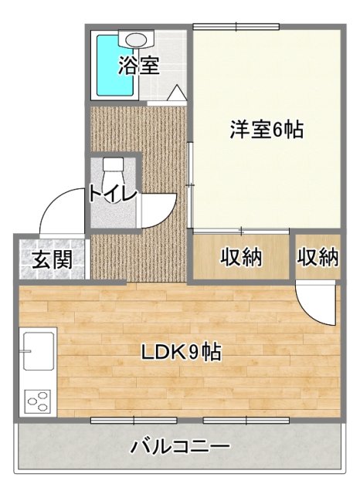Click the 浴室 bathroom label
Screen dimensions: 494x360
pos(139,66)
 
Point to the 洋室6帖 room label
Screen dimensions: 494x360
pos(265,130)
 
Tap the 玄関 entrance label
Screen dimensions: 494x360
pos(53,259)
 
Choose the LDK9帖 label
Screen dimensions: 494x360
pos(182,353)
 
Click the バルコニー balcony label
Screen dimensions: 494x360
pos(180,446)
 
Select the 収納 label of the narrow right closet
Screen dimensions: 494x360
pos(318,257)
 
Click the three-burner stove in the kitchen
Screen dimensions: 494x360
pos(37,401)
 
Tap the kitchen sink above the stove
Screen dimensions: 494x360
pos(37,351)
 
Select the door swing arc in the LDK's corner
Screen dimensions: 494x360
pos(315,306)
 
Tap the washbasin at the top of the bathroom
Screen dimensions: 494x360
pos(138,39)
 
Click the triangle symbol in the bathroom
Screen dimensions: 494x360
pos(176,93)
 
